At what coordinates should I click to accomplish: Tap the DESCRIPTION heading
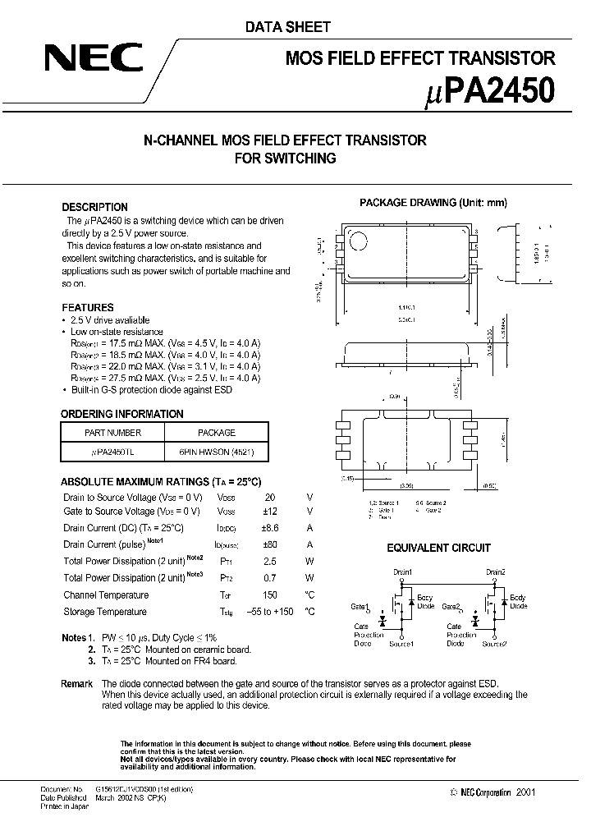[95, 208]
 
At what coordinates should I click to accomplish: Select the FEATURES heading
[88, 307]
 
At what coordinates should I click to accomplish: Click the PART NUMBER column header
[113, 432]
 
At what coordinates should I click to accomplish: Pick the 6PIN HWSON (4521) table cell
[217, 452]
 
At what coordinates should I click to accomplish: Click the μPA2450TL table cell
[113, 452]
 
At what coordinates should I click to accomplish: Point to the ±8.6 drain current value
[270, 528]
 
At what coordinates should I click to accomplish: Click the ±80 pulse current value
[270, 544]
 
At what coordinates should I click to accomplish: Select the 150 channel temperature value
[270, 595]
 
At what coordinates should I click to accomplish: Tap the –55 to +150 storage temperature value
[270, 612]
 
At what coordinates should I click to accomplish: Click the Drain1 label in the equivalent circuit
[402, 572]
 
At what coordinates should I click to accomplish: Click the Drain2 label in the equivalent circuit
[495, 572]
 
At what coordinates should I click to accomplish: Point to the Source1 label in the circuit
[401, 644]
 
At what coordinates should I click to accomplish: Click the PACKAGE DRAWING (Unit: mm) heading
[434, 203]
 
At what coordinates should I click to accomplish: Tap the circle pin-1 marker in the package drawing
[359, 241]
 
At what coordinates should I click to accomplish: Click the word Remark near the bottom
[77, 684]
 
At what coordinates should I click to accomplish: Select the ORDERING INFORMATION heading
[122, 414]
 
